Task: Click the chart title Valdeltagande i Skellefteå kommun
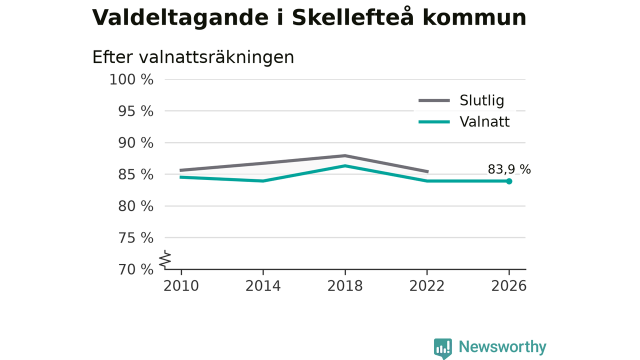(x=309, y=17)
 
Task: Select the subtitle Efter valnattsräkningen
(x=193, y=57)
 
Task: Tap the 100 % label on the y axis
(x=131, y=79)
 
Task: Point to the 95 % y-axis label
(x=135, y=111)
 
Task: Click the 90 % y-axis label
(x=135, y=143)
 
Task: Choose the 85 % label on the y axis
(x=135, y=174)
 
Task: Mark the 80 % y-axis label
(x=135, y=206)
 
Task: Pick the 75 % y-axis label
(x=135, y=237)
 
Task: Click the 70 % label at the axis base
(x=135, y=269)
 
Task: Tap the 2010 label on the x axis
(x=181, y=286)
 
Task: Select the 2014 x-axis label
(x=263, y=286)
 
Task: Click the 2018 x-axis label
(x=345, y=286)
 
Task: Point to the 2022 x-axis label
(x=427, y=286)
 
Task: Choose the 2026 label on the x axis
(x=509, y=286)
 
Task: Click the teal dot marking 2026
(x=509, y=181)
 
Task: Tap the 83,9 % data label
(x=509, y=169)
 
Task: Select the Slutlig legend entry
(x=461, y=100)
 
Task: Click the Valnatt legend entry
(x=464, y=121)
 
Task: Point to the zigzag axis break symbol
(x=165, y=259)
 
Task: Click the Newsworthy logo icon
(x=443, y=348)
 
